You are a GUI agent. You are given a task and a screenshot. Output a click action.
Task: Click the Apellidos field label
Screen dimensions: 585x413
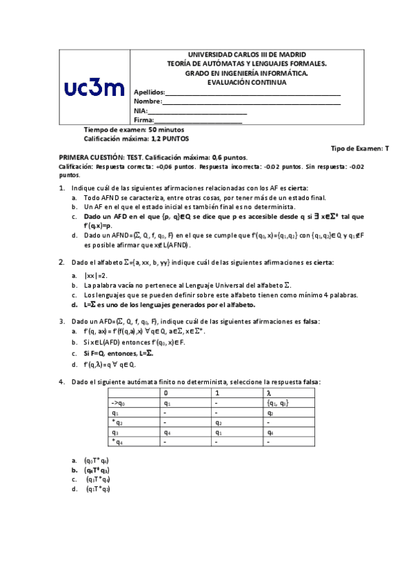coord(149,92)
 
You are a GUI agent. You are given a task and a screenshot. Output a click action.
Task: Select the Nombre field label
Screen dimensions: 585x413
coord(147,101)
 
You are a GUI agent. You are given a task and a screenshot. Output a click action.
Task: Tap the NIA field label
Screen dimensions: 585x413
coord(140,110)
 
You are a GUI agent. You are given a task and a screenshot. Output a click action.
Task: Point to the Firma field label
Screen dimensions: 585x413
coord(143,120)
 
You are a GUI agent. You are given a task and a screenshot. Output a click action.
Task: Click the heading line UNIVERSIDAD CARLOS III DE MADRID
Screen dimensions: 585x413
coord(247,54)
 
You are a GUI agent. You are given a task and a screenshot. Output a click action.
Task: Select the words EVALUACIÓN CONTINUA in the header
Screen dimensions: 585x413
coord(247,82)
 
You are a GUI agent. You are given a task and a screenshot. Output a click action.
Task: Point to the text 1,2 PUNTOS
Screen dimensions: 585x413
coord(170,139)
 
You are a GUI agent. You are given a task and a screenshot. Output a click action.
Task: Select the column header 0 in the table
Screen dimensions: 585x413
coord(165,393)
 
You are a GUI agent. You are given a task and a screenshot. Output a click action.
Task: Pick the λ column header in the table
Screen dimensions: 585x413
coord(268,393)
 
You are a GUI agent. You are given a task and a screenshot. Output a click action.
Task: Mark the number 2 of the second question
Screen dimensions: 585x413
coord(61,262)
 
